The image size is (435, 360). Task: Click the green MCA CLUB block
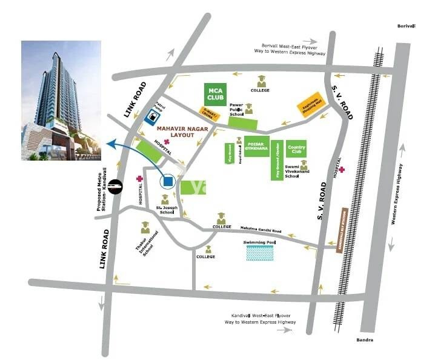pos(216,94)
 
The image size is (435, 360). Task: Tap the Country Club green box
pos(296,150)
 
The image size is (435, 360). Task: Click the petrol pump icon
pos(155,113)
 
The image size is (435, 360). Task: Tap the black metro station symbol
pos(119,187)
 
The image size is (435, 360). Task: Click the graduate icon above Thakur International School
pos(145,228)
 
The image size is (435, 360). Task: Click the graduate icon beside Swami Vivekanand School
pos(304,165)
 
